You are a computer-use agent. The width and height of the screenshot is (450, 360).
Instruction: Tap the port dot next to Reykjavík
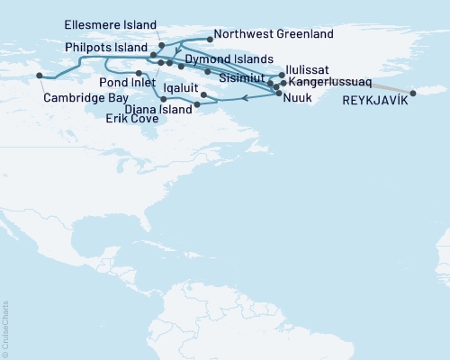(x=413, y=93)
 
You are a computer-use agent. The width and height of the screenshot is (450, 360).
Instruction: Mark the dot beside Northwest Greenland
(x=210, y=39)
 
